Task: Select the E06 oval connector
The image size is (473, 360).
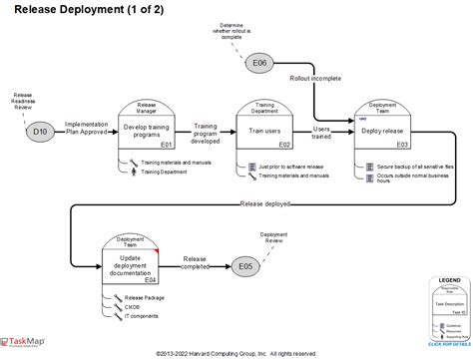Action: [258, 64]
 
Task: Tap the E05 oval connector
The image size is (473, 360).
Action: [246, 266]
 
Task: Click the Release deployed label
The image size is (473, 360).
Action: [266, 205]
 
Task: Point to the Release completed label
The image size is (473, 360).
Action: [195, 263]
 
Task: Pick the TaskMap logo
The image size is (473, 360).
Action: [22, 342]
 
